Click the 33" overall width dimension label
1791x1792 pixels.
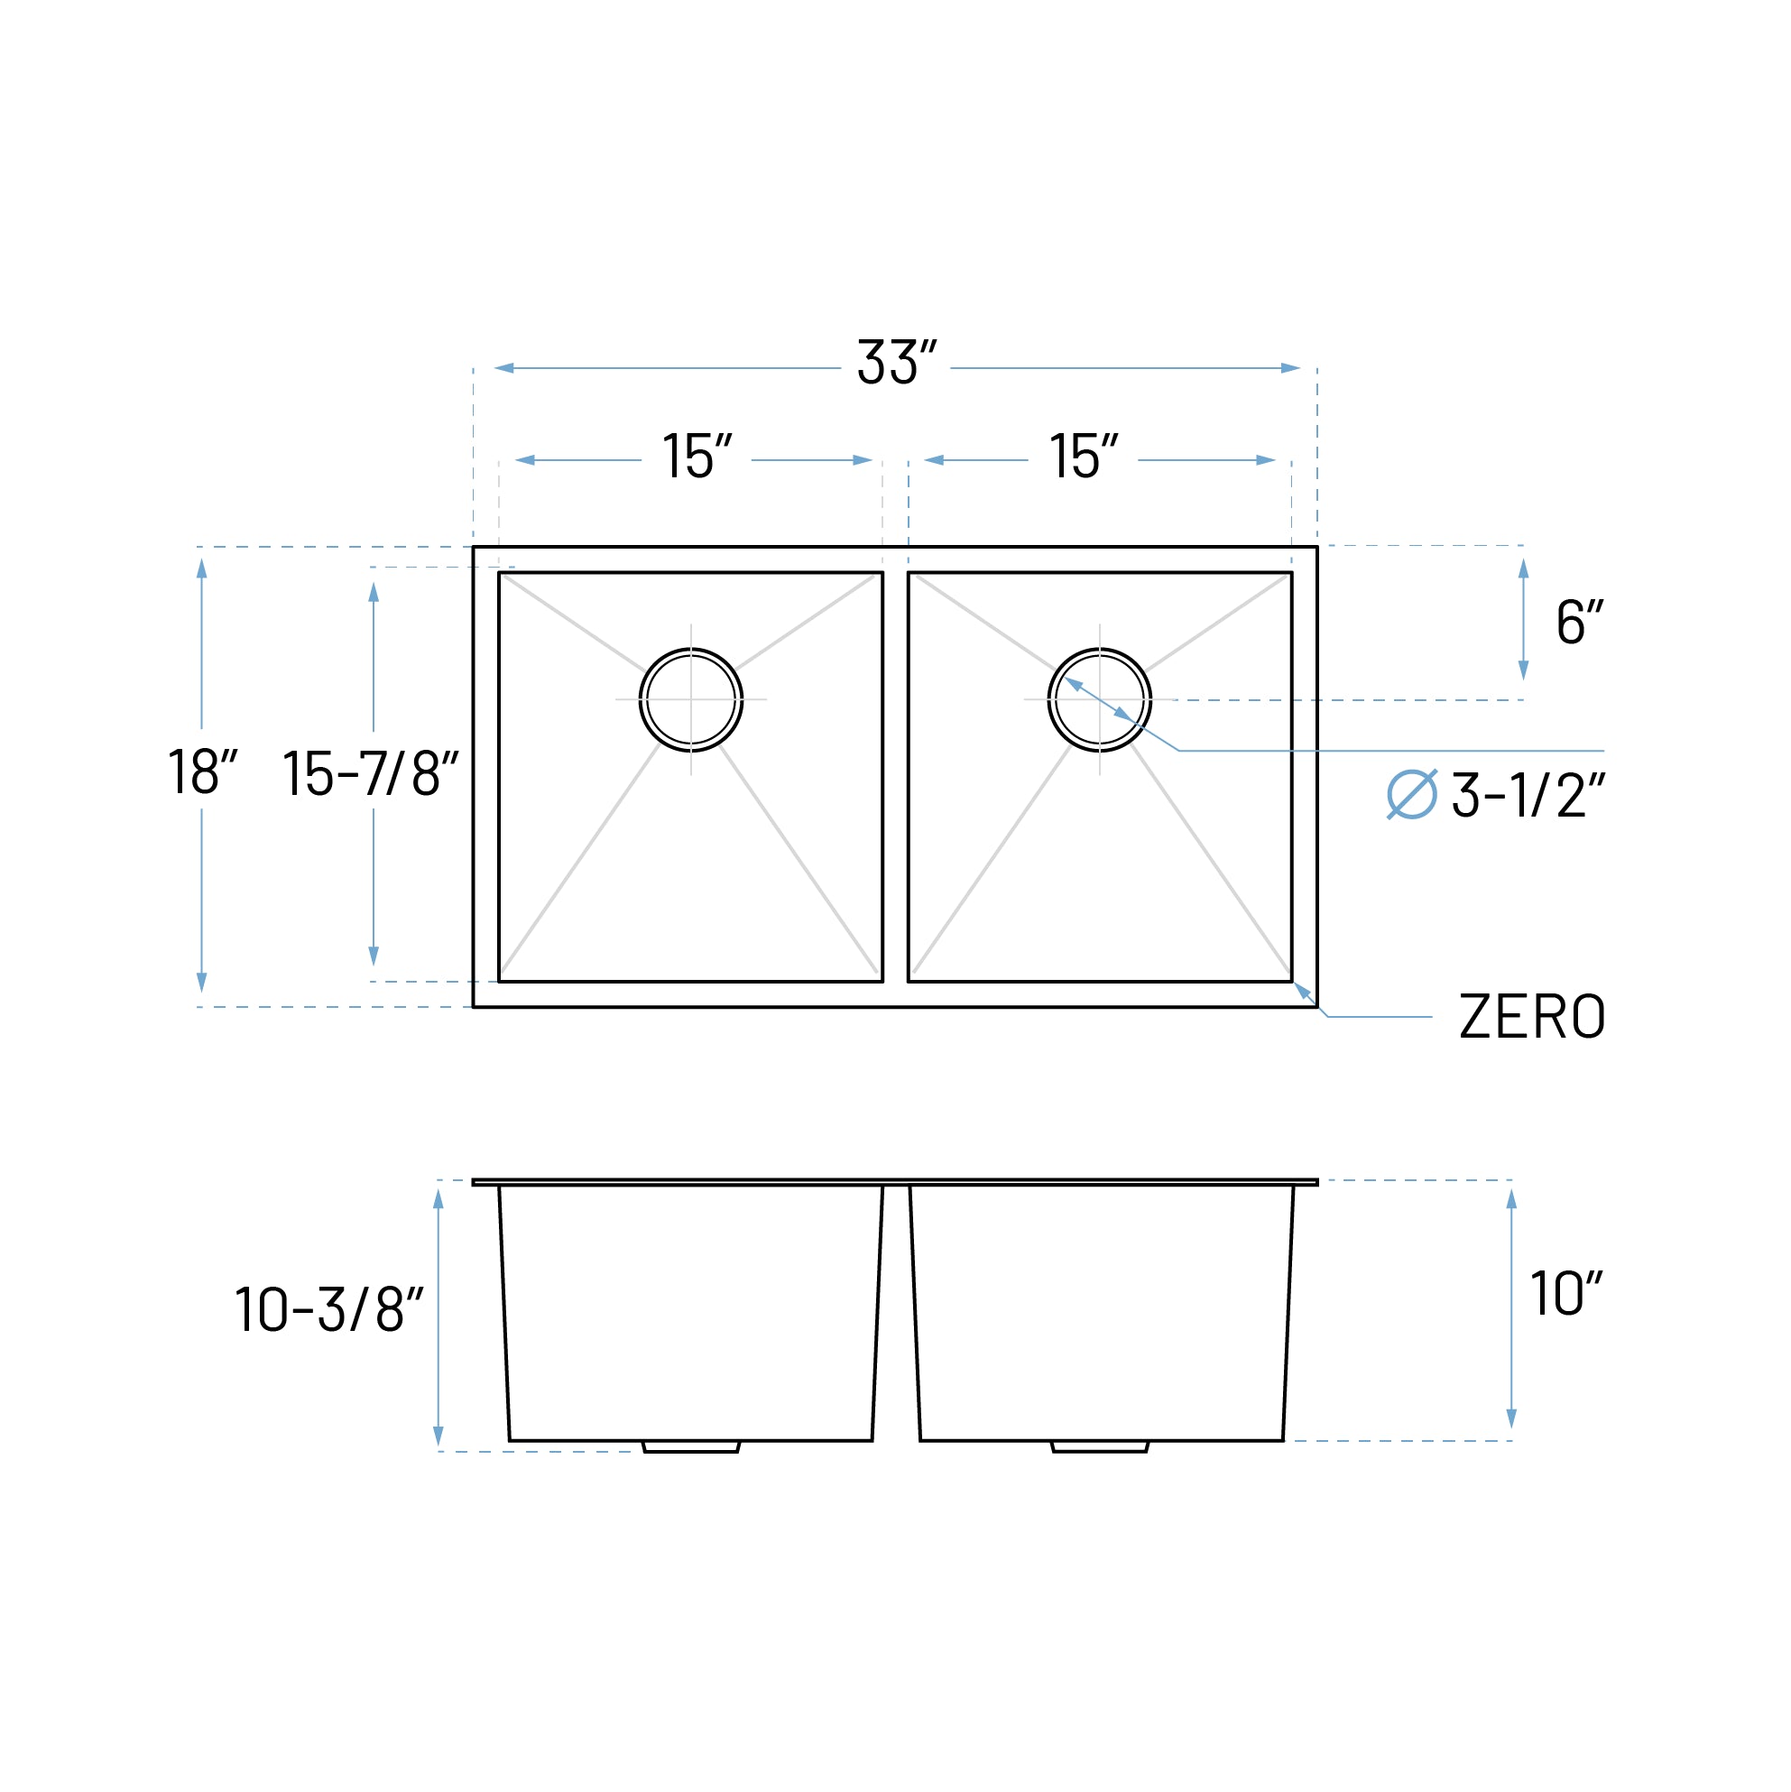point(896,363)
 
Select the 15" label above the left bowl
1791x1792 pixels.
point(697,457)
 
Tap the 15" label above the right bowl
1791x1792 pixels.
point(1084,457)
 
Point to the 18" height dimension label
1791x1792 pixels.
point(202,771)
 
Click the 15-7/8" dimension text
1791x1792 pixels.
point(370,773)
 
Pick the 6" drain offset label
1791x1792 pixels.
point(1580,623)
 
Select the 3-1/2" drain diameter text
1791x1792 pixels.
point(1528,796)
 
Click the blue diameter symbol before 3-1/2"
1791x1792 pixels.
point(1412,795)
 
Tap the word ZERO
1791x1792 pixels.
point(1531,1018)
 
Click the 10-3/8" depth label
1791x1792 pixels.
point(328,1309)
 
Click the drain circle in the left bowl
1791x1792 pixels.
point(691,699)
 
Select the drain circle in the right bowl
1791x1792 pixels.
point(1099,699)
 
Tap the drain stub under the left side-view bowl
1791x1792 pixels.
point(691,1446)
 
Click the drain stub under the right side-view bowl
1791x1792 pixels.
point(1100,1446)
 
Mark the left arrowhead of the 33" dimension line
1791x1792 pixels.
point(503,368)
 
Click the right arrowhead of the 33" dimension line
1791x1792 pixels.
point(1290,368)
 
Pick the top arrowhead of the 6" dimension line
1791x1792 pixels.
point(1523,568)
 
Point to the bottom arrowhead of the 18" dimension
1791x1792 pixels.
point(202,983)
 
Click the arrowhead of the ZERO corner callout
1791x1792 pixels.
point(1302,990)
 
